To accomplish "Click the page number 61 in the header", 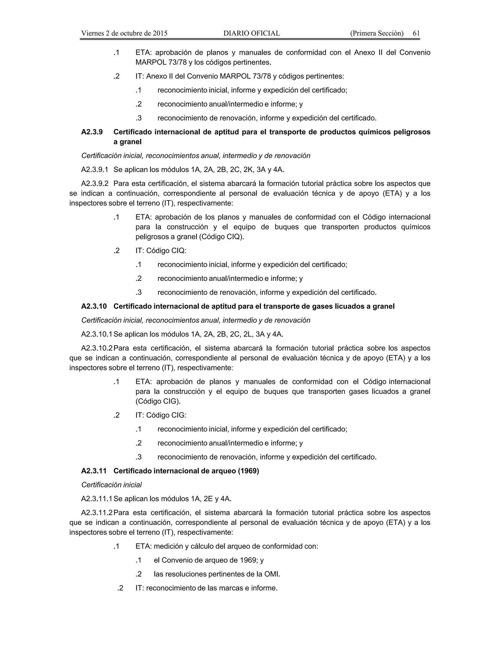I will [x=416, y=33].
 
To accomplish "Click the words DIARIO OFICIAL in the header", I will [x=251, y=33].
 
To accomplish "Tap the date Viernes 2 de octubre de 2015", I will [x=124, y=33].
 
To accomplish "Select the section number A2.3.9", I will [x=92, y=132].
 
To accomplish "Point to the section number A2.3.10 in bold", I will [x=94, y=306].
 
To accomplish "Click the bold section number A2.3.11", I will [x=94, y=471].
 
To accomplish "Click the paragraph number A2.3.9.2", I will [x=95, y=184].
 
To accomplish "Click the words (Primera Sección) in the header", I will [x=376, y=33].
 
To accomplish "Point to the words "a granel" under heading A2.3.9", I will [x=127, y=142].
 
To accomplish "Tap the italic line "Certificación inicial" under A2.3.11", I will [x=111, y=485].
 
